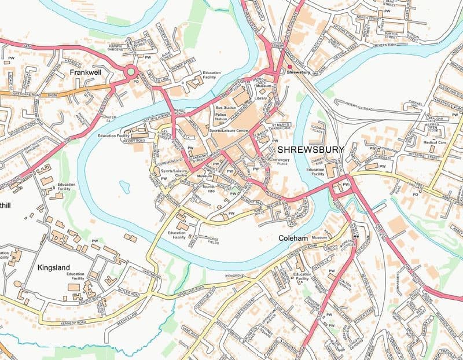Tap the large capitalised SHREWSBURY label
click(310, 149)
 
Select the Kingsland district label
click(57, 269)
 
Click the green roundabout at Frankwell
click(131, 72)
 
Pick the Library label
click(260, 98)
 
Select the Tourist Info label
click(207, 188)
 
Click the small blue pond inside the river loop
click(124, 186)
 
